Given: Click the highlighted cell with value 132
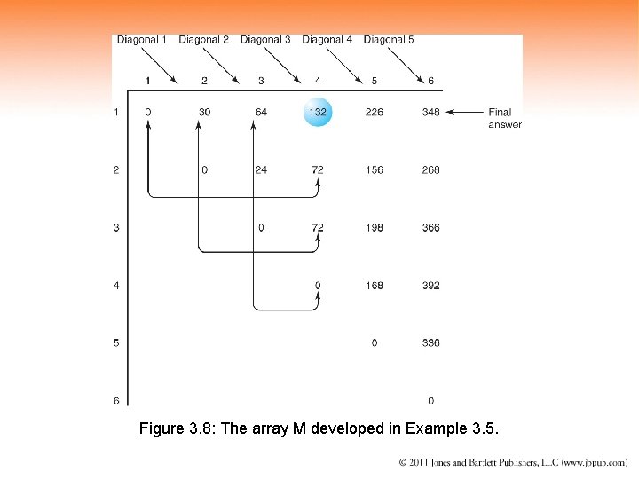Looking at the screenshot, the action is (318, 112).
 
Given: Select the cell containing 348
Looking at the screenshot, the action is (430, 112).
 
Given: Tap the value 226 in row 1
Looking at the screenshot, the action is (374, 112).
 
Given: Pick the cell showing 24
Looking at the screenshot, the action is (261, 169).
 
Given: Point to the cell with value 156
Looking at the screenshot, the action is (374, 169).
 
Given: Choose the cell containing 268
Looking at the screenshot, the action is (430, 169).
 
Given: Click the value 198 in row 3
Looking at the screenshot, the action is (374, 228).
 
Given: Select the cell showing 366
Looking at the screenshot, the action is (430, 228).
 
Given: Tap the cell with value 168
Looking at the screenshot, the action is (374, 286).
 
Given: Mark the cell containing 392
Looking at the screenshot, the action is (430, 286).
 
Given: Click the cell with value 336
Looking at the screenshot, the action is (430, 342).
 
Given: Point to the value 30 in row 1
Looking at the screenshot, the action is (204, 112).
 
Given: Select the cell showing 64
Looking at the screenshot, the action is (261, 112).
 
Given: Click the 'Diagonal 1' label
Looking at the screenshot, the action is (142, 40).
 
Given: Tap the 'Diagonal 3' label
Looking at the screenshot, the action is (265, 40).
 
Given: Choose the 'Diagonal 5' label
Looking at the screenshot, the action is (389, 40).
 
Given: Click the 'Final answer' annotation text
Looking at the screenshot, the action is (503, 118).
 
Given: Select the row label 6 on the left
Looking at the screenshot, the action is (116, 401).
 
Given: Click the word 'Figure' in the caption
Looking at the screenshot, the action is (162, 429).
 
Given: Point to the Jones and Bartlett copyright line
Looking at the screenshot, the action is (512, 462).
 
